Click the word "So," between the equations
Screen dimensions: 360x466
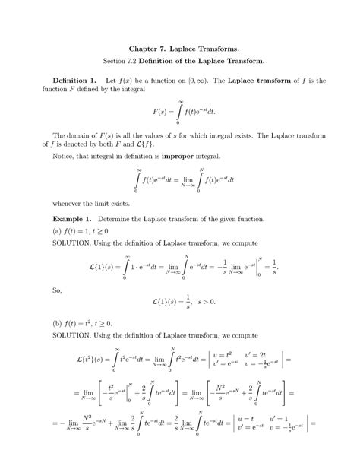(x=50, y=290)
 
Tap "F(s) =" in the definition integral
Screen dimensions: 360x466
(x=164, y=112)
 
